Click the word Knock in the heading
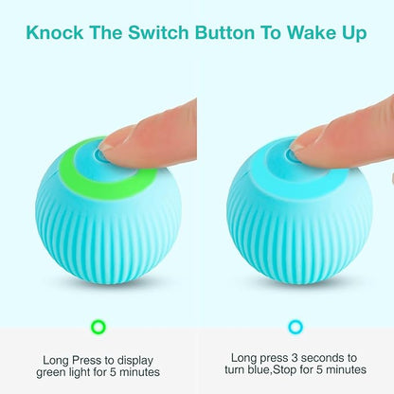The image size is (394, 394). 55,32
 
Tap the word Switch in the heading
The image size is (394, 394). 158,32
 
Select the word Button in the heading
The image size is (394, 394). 224,32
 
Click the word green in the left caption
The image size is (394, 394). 51,373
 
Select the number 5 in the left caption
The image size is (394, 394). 113,372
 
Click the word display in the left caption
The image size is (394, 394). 135,361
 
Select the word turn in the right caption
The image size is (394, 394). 235,369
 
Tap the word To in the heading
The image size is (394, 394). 271,32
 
